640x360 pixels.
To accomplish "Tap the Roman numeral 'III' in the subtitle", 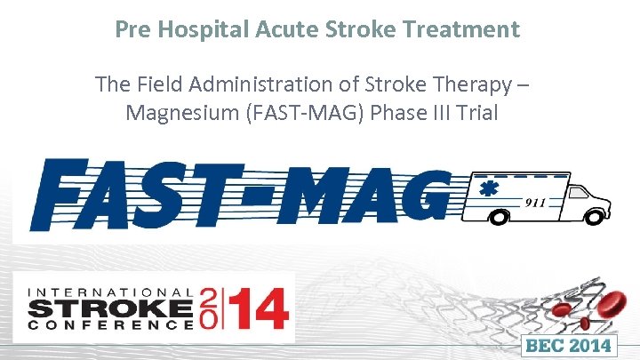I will pos(452,113).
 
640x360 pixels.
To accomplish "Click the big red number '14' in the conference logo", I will pos(258,311).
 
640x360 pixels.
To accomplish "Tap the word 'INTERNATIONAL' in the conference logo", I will pos(110,292).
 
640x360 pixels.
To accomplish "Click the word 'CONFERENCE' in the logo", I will pos(110,325).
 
